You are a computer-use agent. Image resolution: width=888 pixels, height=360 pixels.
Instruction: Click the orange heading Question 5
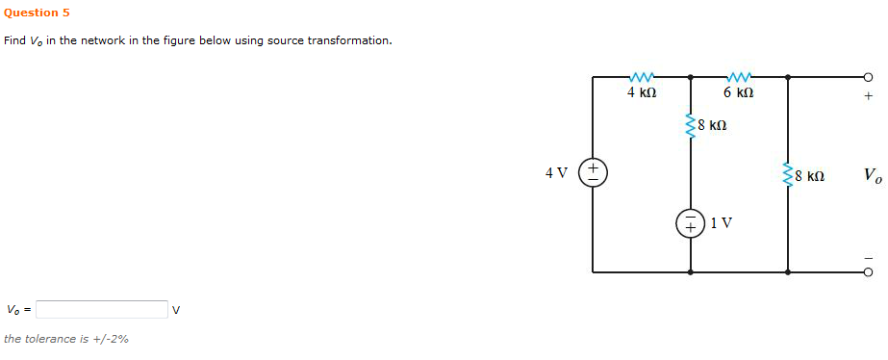click(x=37, y=13)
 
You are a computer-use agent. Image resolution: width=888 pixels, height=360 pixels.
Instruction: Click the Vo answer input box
click(x=102, y=310)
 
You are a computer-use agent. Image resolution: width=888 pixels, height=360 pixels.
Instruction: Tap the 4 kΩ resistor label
click(x=642, y=93)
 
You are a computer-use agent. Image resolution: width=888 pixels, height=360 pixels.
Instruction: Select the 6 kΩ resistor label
click(x=738, y=93)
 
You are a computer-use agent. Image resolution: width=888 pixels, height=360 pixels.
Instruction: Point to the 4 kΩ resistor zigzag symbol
click(x=642, y=76)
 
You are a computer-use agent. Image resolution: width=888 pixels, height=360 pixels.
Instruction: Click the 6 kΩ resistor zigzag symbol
click(x=739, y=76)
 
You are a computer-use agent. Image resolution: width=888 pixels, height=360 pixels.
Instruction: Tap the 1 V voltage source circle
click(x=690, y=223)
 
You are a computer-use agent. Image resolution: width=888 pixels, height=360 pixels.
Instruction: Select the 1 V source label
click(x=722, y=223)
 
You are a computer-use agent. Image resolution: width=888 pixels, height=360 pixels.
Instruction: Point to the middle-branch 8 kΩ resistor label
click(x=712, y=125)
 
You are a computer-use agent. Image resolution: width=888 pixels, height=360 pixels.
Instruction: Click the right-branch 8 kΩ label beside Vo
click(x=809, y=177)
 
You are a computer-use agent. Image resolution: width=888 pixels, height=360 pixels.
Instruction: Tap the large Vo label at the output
click(x=872, y=176)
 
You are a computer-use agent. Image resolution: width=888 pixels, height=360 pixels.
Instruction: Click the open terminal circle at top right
click(x=867, y=77)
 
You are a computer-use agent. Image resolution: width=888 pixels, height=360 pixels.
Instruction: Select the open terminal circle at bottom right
click(x=867, y=272)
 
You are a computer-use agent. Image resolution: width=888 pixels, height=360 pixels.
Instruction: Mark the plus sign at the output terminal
click(x=868, y=96)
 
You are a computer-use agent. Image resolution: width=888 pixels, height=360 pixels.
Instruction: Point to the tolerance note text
click(x=66, y=339)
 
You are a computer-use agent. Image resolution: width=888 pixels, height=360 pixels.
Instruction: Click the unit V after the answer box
click(x=177, y=310)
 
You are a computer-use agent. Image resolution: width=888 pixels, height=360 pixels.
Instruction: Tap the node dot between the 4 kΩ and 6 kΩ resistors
click(x=690, y=76)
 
